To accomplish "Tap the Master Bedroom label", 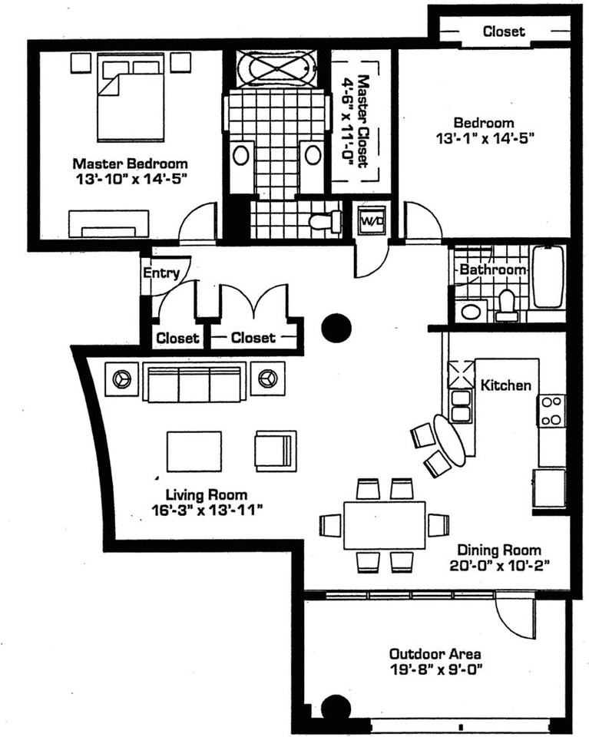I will click(x=130, y=164).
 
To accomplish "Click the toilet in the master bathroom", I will click(x=325, y=222).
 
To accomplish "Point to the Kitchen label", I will click(x=505, y=385).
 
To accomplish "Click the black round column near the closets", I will click(x=336, y=328).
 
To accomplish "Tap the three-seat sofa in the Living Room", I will click(x=194, y=382).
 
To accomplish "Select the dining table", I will click(x=384, y=524).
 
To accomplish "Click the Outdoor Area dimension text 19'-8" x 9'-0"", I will click(x=435, y=669).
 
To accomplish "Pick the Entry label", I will click(x=161, y=273).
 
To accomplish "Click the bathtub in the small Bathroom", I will click(x=548, y=276).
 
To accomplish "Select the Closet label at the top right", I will click(x=504, y=31).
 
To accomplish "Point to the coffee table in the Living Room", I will click(x=194, y=451).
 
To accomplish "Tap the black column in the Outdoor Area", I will click(x=335, y=708).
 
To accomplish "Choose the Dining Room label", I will click(x=499, y=550).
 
